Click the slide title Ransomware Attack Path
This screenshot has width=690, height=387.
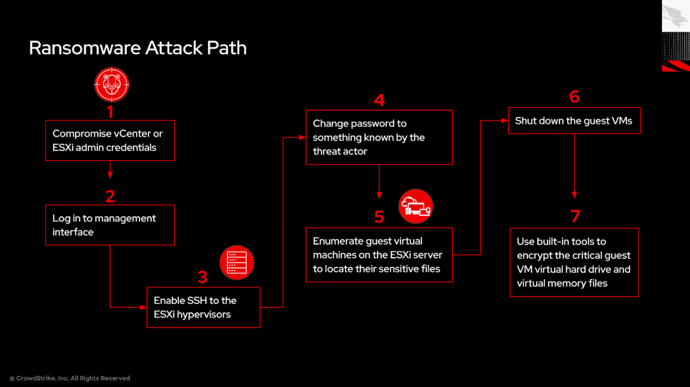click(137, 48)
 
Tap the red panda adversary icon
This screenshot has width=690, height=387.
click(111, 85)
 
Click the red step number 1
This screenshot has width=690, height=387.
click(110, 112)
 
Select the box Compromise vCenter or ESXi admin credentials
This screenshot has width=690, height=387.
click(110, 140)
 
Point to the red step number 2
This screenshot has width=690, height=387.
click(110, 196)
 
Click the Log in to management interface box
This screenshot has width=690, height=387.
click(110, 225)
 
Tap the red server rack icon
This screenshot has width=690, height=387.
click(237, 262)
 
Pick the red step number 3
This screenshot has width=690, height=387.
click(203, 277)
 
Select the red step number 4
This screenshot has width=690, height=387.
click(379, 100)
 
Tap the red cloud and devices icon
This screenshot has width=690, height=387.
click(416, 206)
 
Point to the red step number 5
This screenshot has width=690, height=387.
click(379, 217)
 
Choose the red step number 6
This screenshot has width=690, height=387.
click(574, 97)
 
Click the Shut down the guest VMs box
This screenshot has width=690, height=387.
click(574, 121)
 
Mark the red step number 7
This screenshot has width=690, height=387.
click(575, 216)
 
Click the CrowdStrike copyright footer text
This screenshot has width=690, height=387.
click(70, 378)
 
